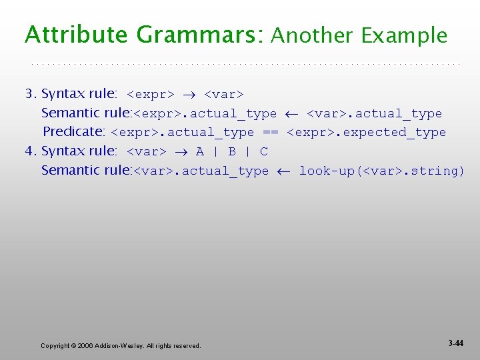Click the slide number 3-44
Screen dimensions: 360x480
pos(456,343)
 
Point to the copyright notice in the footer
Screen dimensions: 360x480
pos(121,345)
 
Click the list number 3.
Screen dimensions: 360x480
pos(29,94)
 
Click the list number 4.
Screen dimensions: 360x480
pos(29,151)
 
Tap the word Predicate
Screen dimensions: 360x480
pos(74,132)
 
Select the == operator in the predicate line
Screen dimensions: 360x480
pos(270,133)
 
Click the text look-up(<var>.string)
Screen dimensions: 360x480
pos(382,171)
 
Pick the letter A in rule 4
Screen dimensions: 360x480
pos(200,152)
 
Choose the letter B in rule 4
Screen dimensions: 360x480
pos(232,152)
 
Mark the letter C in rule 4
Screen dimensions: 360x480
pos(264,152)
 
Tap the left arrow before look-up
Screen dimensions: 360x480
pos(284,171)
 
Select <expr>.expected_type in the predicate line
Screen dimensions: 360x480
pos(366,133)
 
